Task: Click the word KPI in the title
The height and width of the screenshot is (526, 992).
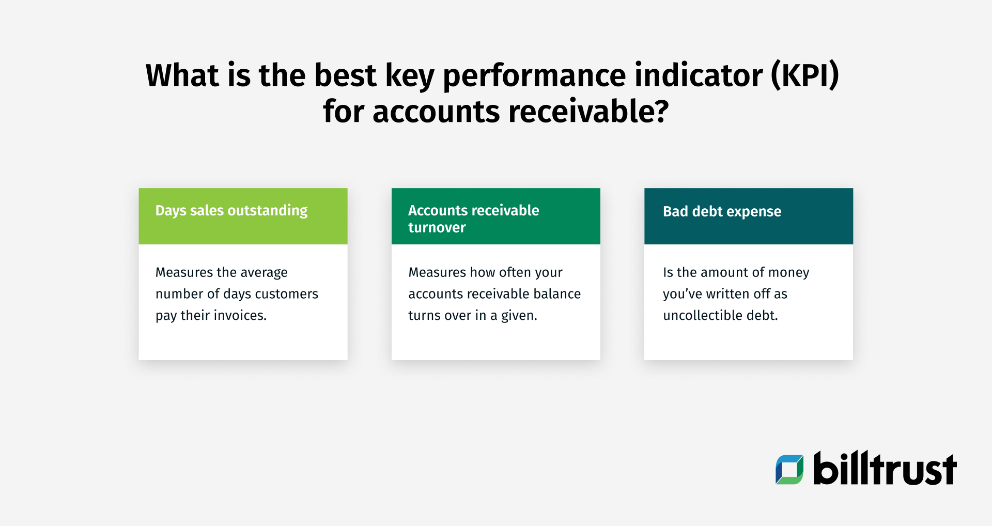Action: (804, 75)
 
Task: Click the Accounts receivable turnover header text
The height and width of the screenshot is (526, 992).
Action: (473, 219)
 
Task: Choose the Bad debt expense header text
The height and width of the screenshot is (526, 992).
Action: (722, 211)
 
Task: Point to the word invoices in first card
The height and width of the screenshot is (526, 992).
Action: (240, 315)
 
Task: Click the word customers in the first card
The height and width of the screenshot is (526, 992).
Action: (286, 294)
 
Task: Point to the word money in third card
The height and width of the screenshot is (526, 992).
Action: (788, 273)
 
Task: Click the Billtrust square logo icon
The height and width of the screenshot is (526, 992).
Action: (789, 469)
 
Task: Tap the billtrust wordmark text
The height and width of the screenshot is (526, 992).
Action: (885, 469)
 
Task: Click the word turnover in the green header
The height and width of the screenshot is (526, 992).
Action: (437, 227)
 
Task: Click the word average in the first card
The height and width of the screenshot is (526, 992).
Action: (264, 272)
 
